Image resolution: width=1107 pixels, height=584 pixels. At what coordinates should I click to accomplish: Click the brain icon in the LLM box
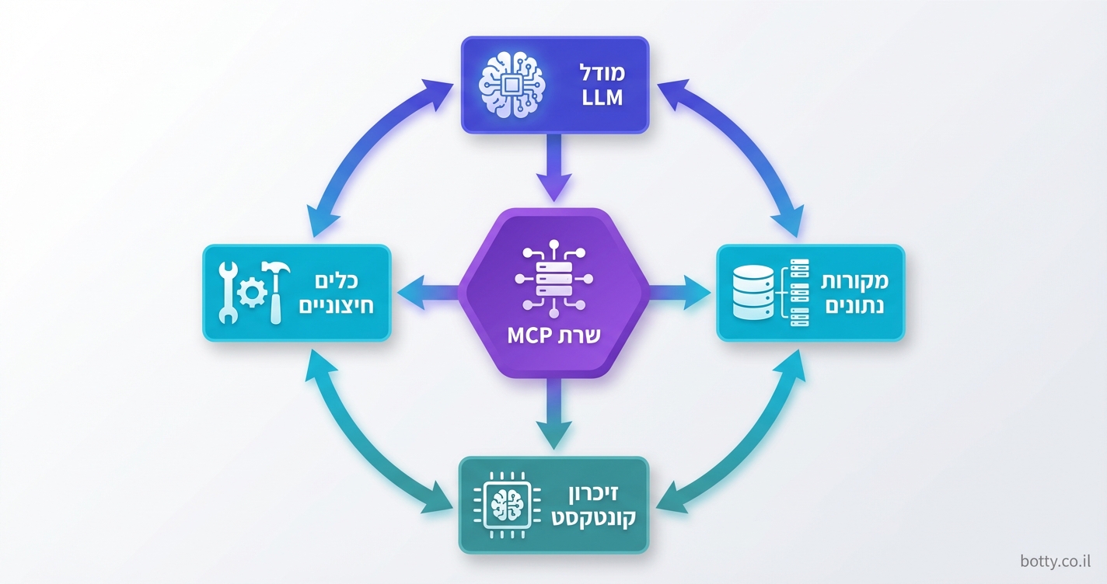point(509,85)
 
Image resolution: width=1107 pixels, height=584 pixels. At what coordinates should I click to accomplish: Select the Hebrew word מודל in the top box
point(601,72)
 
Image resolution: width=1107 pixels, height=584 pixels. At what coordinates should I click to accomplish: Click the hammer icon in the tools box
point(276,291)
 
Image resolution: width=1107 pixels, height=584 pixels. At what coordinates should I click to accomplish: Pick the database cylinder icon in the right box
point(753,294)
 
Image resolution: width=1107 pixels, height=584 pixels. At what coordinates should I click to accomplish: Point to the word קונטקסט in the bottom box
point(594,518)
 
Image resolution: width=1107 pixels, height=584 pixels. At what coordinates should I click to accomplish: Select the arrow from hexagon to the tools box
point(428,293)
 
